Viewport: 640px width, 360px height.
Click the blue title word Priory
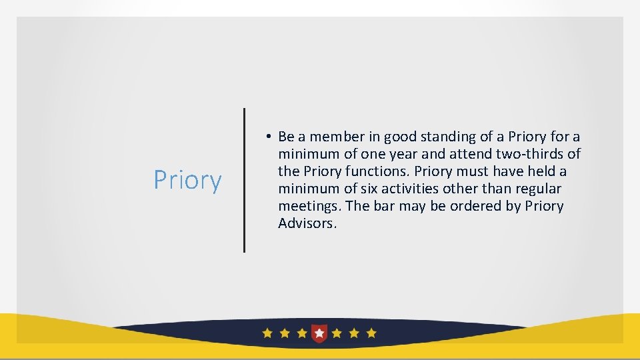[187, 180]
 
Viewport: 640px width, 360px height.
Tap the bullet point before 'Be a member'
[266, 137]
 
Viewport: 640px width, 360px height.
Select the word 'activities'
[408, 189]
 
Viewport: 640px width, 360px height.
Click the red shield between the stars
[320, 332]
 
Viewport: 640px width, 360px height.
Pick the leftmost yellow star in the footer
[267, 333]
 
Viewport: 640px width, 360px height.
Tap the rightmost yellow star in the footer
[371, 333]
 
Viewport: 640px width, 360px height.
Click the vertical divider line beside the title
[244, 180]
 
